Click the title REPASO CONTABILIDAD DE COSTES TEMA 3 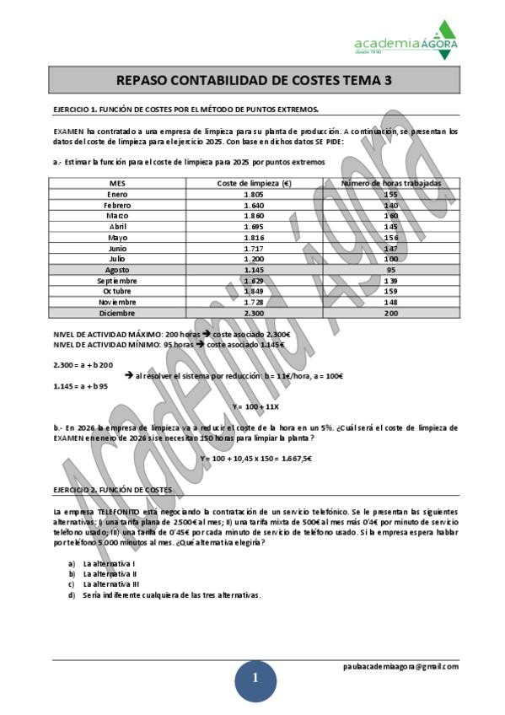coord(253,81)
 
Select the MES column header coord(119,183)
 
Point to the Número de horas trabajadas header coord(390,183)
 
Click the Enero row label coord(119,194)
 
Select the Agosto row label coord(119,270)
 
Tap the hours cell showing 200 coord(390,313)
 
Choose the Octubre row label coord(119,291)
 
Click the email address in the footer coord(400,666)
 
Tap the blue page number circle coord(254,680)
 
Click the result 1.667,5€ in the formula coord(295,458)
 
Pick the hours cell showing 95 coord(390,270)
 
